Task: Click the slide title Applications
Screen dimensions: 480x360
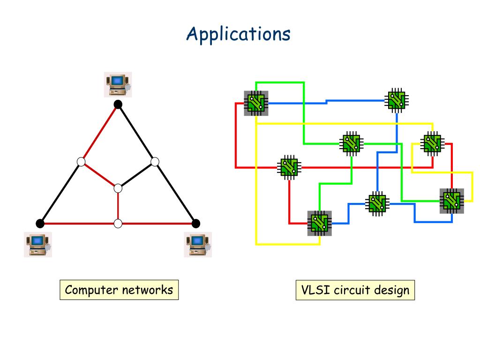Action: pos(239,34)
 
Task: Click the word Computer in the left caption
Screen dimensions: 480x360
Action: pos(91,290)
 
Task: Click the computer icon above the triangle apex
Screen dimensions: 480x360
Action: pos(118,85)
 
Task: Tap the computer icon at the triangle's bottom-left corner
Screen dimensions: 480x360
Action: pos(38,245)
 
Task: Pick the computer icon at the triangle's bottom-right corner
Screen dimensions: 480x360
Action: pos(198,245)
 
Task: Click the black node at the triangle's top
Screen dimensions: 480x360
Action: pos(118,105)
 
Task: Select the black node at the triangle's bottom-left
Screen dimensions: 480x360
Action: pos(40,224)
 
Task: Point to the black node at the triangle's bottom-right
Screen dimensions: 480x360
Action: pos(196,224)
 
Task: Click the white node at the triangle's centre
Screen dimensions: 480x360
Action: pos(118,188)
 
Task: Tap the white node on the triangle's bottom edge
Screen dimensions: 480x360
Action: pos(118,224)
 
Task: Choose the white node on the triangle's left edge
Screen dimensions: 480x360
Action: pos(81,162)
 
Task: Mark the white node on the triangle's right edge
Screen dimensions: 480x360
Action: pos(155,162)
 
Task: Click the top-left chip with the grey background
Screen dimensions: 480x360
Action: pos(256,103)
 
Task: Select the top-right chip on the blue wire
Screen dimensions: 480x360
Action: pos(397,100)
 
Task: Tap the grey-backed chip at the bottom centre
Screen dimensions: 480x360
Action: pos(320,223)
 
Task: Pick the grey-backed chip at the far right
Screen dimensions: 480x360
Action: pos(452,201)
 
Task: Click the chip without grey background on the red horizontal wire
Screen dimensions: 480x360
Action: pos(289,167)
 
